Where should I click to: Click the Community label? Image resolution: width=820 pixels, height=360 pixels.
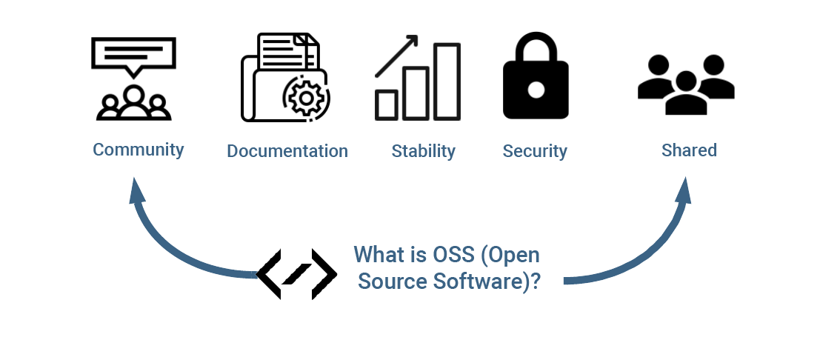click(138, 150)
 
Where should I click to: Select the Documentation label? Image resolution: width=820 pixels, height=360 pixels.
click(287, 151)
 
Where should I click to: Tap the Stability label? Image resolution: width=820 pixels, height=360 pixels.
click(424, 151)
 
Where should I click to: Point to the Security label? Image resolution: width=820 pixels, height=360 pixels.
click(535, 151)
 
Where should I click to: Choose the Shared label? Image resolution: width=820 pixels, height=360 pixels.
click(689, 150)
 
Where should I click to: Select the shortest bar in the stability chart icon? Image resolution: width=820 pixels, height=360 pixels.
click(387, 104)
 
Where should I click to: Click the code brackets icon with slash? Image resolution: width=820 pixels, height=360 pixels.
click(296, 274)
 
